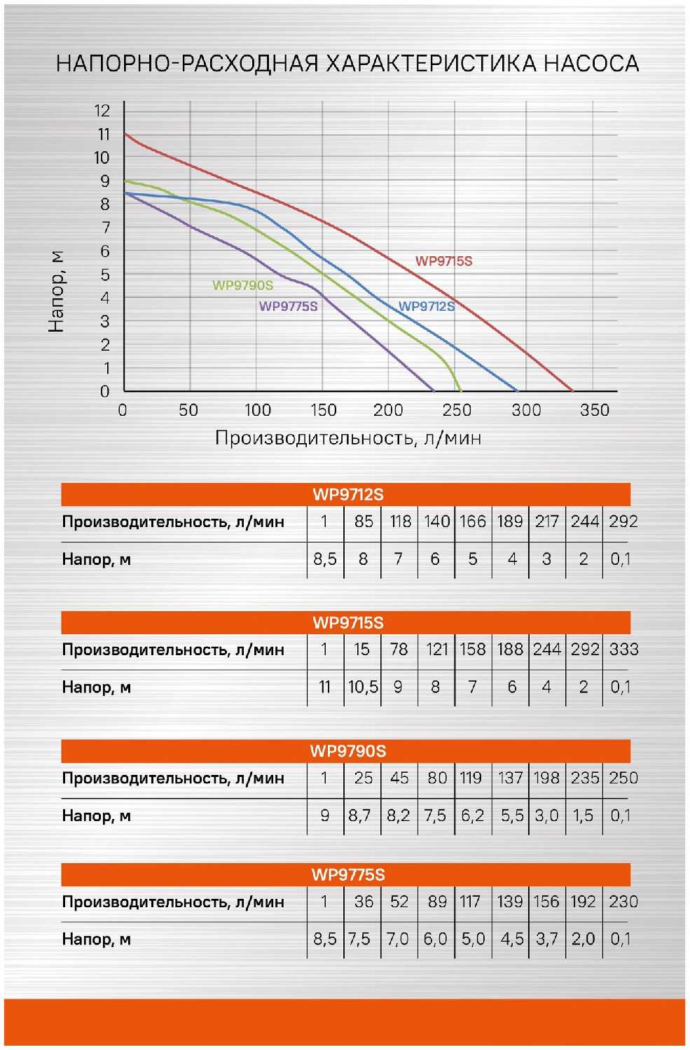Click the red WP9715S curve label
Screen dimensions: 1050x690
click(x=443, y=262)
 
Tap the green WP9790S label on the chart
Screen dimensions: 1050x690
click(x=242, y=286)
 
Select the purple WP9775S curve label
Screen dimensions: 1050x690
click(x=288, y=307)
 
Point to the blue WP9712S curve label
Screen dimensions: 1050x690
click(x=426, y=307)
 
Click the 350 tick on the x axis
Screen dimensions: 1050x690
click(x=594, y=410)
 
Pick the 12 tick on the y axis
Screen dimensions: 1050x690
click(x=102, y=111)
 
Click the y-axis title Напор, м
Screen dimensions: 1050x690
click(x=56, y=291)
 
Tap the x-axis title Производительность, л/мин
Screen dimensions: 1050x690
click(x=347, y=438)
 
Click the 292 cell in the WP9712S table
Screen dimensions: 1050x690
click(x=623, y=521)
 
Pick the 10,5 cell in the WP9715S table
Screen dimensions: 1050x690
click(x=363, y=687)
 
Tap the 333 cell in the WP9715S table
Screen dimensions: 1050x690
click(x=623, y=650)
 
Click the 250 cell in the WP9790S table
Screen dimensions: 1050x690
click(x=623, y=778)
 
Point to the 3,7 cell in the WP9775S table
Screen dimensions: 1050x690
click(x=546, y=939)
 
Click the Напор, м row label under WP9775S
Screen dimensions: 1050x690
click(x=97, y=939)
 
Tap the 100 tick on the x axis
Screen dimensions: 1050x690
click(x=257, y=410)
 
